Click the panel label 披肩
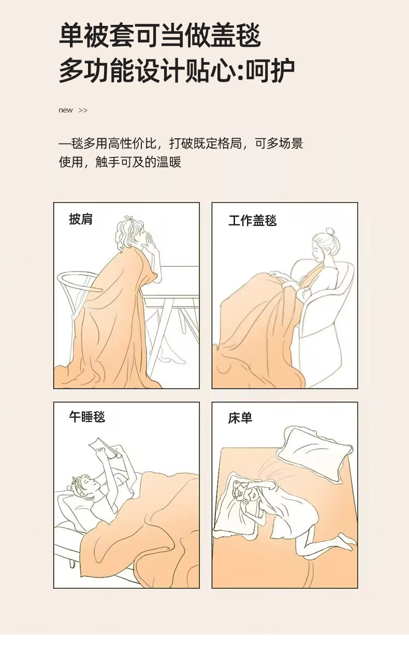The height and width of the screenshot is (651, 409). tap(81, 219)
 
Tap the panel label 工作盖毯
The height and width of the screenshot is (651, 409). tap(253, 220)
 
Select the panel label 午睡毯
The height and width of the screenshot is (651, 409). tap(87, 417)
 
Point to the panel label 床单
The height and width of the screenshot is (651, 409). tap(240, 418)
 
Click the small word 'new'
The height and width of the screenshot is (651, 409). tap(66, 110)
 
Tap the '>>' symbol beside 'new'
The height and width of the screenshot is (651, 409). tap(83, 110)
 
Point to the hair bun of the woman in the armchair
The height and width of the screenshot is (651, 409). tap(330, 232)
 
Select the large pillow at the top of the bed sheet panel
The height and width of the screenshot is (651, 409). tap(315, 453)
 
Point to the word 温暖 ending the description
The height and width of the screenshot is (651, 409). tap(169, 162)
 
